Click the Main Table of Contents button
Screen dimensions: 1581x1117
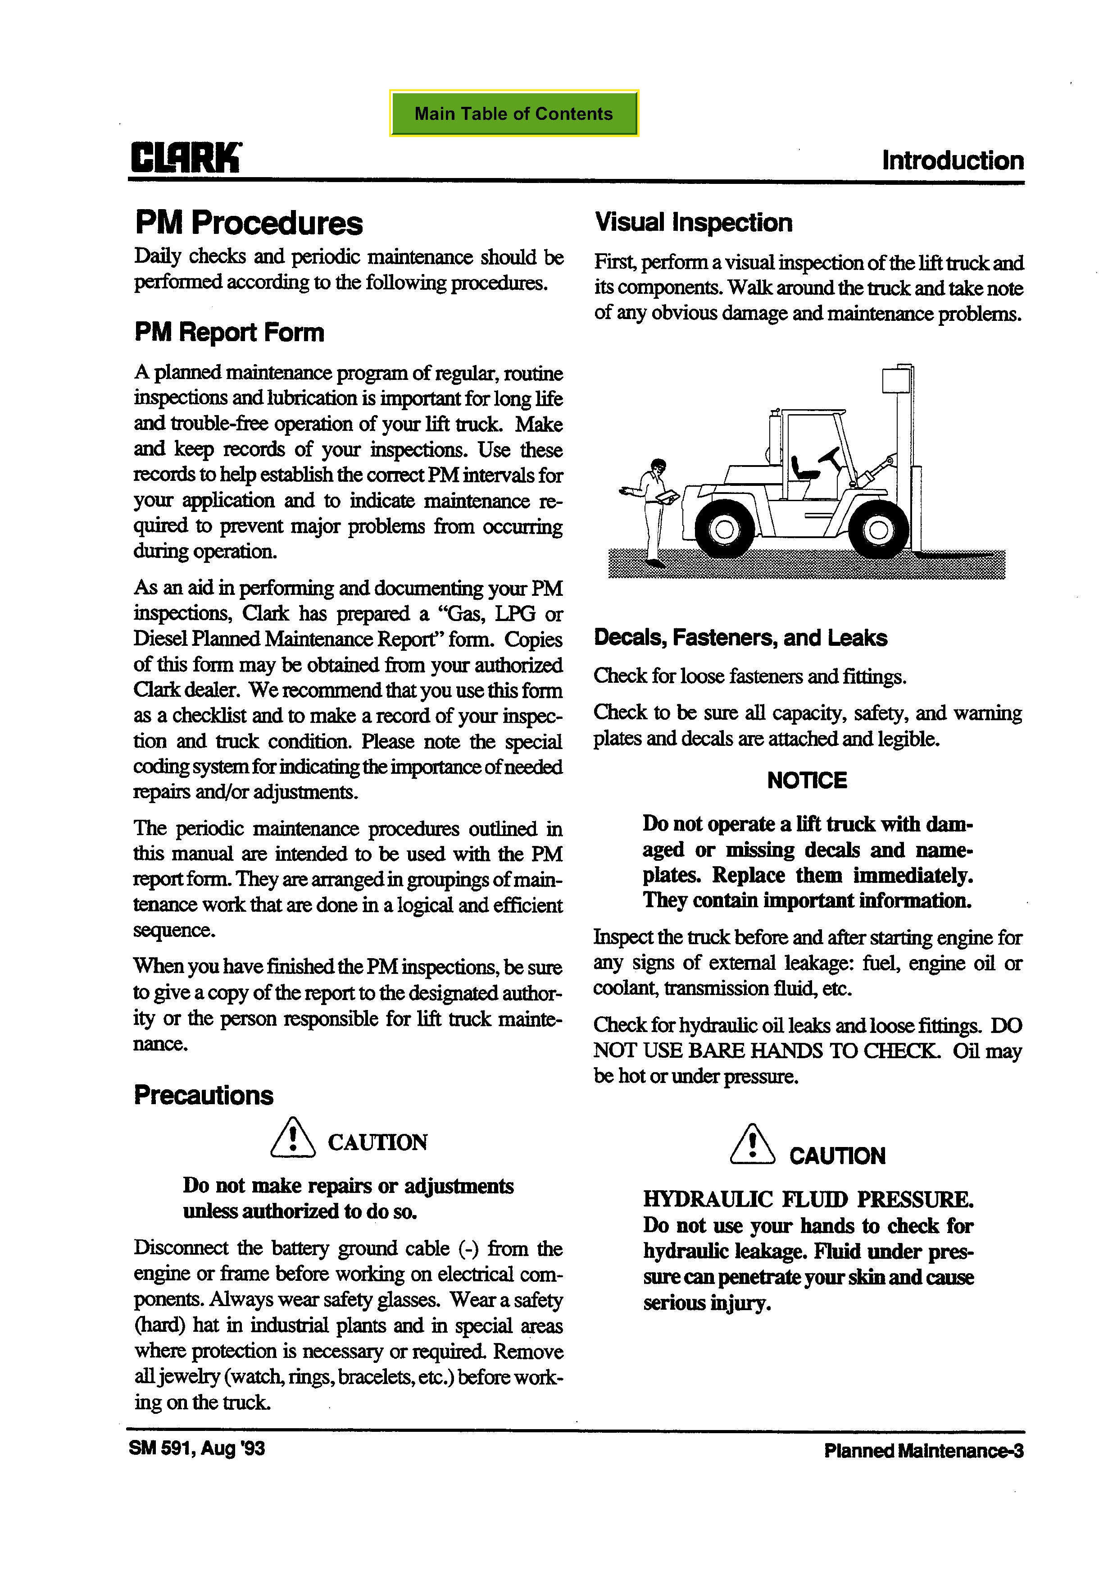pos(513,114)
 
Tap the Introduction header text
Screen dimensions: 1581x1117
pos(953,160)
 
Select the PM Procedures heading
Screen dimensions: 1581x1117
pos(249,223)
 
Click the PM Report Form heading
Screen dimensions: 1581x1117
pos(229,333)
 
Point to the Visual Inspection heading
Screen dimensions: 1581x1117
pos(693,223)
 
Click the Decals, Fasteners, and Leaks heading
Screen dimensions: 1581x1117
pos(740,638)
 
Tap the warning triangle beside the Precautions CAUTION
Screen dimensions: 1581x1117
pos(292,1137)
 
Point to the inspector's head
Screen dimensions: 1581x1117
pos(658,466)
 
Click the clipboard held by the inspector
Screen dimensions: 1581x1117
pos(666,495)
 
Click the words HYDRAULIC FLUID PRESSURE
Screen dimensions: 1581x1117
pos(808,1200)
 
